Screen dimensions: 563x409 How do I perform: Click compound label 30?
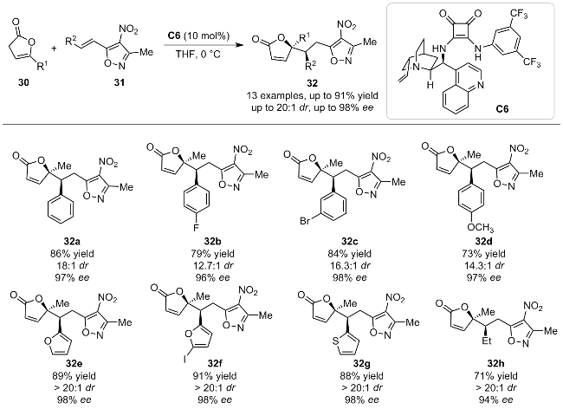(24, 83)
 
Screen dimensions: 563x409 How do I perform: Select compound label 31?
(119, 83)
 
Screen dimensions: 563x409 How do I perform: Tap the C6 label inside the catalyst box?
(502, 109)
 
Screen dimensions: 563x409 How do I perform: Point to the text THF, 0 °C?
(197, 55)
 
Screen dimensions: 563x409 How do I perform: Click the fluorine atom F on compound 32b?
(196, 227)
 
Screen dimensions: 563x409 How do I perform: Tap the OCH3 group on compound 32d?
(481, 227)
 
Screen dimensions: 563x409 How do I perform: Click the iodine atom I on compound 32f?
(184, 359)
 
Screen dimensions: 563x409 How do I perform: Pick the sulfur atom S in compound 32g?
(336, 341)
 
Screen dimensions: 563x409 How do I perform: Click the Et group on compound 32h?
(487, 340)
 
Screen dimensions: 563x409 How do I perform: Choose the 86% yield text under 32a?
(72, 254)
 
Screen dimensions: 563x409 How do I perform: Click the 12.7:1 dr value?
(212, 266)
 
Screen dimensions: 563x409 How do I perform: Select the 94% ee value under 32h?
(495, 400)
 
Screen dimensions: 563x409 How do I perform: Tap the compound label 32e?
(74, 364)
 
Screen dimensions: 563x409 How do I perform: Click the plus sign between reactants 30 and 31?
(55, 48)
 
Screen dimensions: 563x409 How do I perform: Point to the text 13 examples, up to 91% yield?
(312, 96)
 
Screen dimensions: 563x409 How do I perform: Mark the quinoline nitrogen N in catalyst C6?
(481, 85)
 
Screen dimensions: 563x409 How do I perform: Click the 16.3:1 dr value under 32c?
(350, 266)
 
